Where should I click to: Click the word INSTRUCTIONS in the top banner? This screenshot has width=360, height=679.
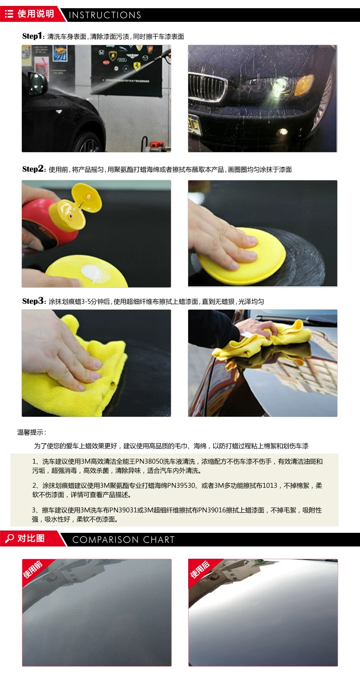105,15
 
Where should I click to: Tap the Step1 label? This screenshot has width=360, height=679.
32,36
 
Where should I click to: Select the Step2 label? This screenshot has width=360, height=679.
33,169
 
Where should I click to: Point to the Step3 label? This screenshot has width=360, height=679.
33,301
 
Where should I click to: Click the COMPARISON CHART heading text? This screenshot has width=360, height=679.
123,540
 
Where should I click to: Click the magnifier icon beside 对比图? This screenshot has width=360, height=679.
10,539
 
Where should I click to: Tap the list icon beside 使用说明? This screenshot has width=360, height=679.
9,14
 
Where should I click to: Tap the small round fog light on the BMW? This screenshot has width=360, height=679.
283,132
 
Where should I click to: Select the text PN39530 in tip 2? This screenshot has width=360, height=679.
181,485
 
